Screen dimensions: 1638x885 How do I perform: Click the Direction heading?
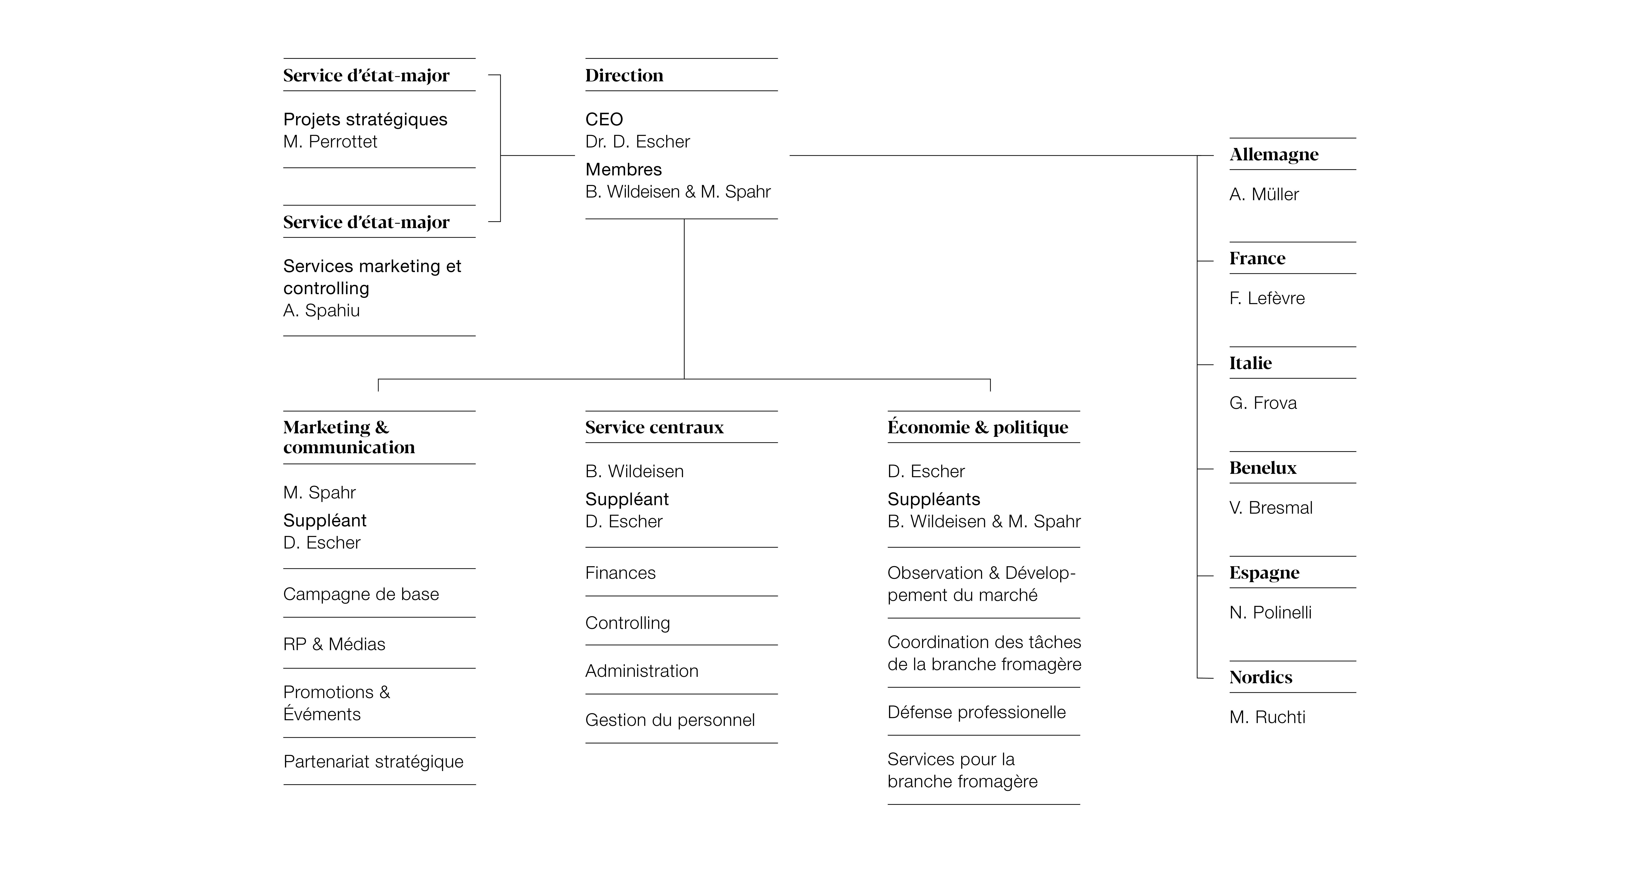(x=624, y=76)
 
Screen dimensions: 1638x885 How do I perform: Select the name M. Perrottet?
(x=330, y=142)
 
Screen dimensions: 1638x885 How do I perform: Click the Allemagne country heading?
(x=1274, y=155)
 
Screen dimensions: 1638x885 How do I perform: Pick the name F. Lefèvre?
(x=1267, y=298)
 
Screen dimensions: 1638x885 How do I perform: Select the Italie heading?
(x=1250, y=363)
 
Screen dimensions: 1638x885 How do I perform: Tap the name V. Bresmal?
(x=1270, y=508)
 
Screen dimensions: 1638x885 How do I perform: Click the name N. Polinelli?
(x=1270, y=613)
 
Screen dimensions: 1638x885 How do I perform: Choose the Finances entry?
(x=620, y=573)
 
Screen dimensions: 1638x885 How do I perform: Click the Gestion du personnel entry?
(x=670, y=720)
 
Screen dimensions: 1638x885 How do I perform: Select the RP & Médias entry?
(x=334, y=645)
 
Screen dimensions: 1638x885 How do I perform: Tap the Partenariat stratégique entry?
(x=373, y=762)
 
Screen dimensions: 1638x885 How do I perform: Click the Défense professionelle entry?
(x=976, y=713)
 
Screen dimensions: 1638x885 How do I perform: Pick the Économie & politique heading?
(x=977, y=427)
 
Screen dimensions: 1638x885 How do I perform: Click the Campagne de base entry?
(x=361, y=594)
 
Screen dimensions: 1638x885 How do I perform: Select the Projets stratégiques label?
(x=365, y=119)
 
